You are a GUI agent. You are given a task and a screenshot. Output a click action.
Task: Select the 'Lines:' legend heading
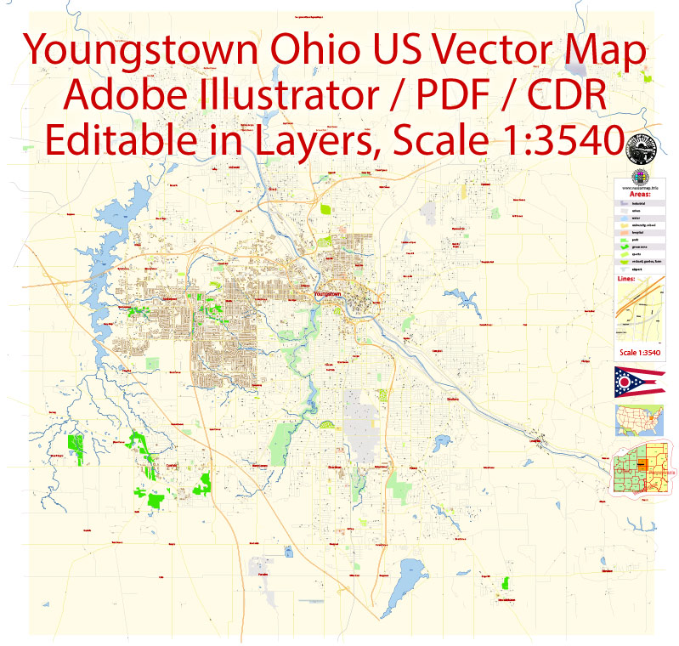pyautogui.click(x=625, y=277)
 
